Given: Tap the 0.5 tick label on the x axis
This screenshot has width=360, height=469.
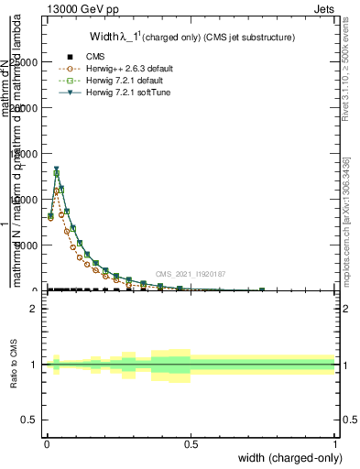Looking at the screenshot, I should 191,442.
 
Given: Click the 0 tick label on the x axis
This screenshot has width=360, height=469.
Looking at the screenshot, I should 47,442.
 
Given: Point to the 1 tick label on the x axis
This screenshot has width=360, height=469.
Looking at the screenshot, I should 334,442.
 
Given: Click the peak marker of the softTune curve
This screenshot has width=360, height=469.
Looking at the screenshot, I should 57,169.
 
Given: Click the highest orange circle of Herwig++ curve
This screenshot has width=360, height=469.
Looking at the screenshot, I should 57,191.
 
